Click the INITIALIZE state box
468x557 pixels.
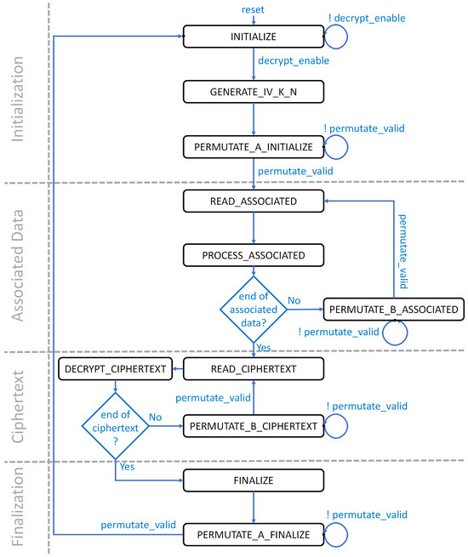click(x=254, y=37)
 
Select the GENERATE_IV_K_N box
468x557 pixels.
click(x=254, y=91)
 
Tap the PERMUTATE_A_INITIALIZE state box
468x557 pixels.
click(x=254, y=147)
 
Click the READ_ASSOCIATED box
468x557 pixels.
click(x=254, y=201)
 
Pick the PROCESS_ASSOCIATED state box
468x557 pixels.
click(x=254, y=254)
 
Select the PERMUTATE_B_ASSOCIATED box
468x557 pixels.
click(x=394, y=310)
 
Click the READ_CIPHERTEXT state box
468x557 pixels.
click(x=254, y=368)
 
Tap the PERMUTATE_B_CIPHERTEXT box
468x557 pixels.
click(x=254, y=424)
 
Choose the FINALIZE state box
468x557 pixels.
click(x=254, y=480)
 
